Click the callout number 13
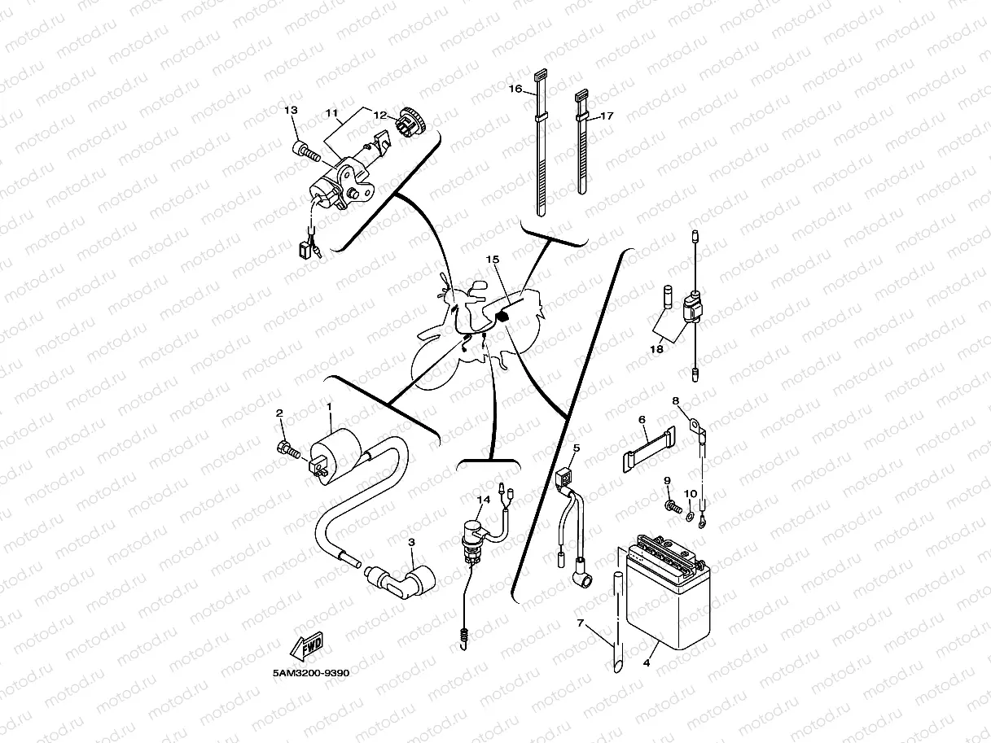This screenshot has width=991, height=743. (x=291, y=110)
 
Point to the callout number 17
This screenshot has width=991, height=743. (x=606, y=116)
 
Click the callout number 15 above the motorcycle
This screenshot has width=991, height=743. (x=492, y=259)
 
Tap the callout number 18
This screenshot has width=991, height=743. (x=656, y=349)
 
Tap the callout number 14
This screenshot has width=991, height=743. (x=483, y=500)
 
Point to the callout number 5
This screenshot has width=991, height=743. (x=576, y=448)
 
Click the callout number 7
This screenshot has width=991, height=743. (x=581, y=623)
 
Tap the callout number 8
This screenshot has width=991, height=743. (x=675, y=400)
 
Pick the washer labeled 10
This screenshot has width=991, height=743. (x=691, y=514)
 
